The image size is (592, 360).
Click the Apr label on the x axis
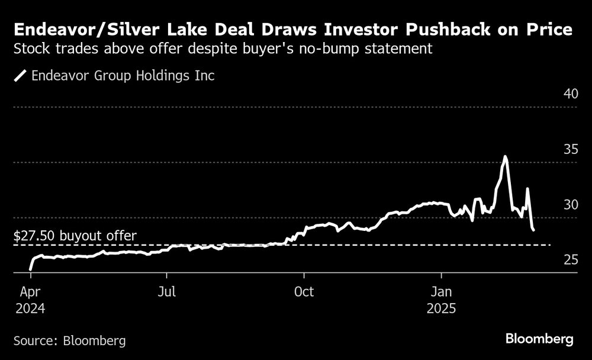coord(30,292)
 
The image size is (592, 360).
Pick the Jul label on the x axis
coord(166,292)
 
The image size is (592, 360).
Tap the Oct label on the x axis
coord(304,292)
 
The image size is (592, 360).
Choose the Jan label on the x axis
coord(441,292)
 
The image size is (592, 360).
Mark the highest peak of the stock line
coord(505,157)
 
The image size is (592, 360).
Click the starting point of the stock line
coord(30,269)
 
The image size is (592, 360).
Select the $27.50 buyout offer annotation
coord(75,236)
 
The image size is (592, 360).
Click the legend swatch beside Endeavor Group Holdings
coord(21,76)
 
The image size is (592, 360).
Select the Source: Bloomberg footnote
coord(69,340)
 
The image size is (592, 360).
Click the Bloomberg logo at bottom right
coord(539,339)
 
